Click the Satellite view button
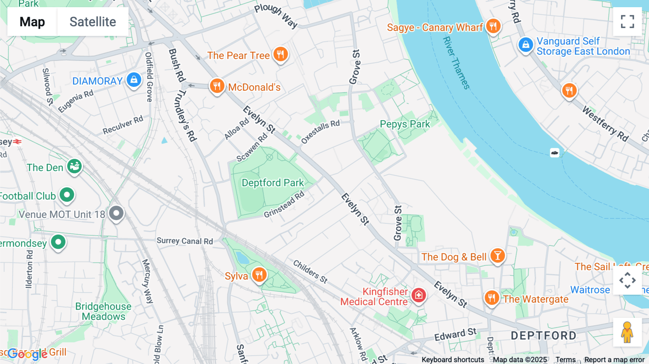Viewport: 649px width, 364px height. [93, 22]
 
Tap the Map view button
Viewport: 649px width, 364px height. [32, 22]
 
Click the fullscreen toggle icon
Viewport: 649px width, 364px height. [627, 22]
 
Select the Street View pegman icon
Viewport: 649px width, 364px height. [627, 332]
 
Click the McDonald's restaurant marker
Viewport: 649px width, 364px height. [217, 86]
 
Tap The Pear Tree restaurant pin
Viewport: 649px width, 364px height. [280, 54]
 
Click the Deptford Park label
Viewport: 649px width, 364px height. [273, 183]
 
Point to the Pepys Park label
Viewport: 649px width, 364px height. [405, 124]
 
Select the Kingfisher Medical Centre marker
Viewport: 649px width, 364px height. [418, 295]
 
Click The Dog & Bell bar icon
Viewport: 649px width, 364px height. [498, 256]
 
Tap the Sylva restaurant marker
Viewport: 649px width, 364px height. [259, 275]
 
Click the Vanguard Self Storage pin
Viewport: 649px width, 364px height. [526, 45]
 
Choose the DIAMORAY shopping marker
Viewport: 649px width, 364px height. [134, 80]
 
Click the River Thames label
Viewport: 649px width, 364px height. [456, 63]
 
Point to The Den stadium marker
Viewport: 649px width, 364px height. [75, 167]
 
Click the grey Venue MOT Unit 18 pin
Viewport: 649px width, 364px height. [116, 213]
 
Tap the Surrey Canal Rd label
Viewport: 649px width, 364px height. [185, 241]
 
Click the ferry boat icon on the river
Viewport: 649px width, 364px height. [555, 153]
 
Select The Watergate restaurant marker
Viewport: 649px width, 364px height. [491, 298]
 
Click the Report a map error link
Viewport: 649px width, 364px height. [614, 360]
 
